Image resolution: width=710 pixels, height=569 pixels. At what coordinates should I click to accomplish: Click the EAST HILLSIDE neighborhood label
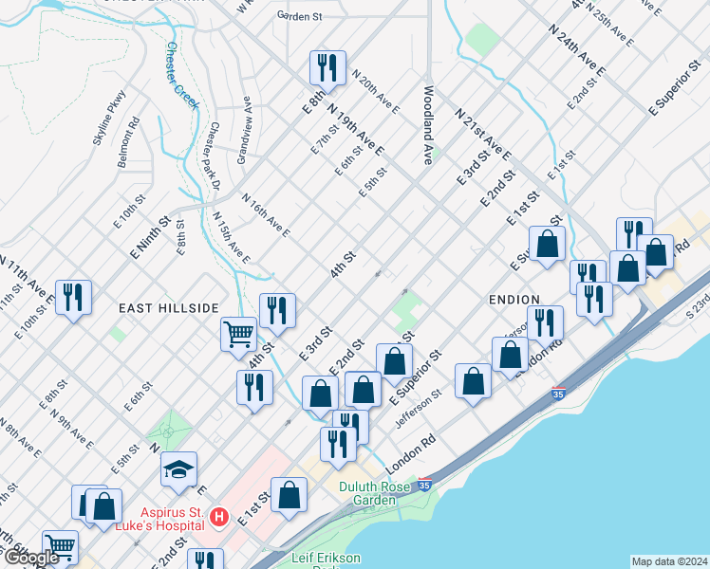pyautogui.click(x=169, y=308)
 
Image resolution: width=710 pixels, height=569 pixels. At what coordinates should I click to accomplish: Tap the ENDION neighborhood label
pyautogui.click(x=514, y=299)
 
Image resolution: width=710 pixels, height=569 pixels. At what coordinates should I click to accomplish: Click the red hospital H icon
pyautogui.click(x=219, y=517)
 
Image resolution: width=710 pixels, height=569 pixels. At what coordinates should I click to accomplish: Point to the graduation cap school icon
pyautogui.click(x=178, y=469)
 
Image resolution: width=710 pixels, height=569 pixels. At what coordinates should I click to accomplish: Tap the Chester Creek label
pyautogui.click(x=182, y=75)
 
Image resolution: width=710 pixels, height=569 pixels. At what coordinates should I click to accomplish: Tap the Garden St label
pyautogui.click(x=299, y=16)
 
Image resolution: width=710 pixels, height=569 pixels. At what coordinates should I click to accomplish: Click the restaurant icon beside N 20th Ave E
pyautogui.click(x=323, y=66)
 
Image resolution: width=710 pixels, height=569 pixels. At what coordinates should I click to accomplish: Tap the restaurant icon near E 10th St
pyautogui.click(x=72, y=296)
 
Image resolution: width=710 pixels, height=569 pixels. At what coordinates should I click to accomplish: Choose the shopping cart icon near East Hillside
pyautogui.click(x=238, y=333)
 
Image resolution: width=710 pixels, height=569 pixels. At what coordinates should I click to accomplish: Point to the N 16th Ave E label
pyautogui.click(x=266, y=215)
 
